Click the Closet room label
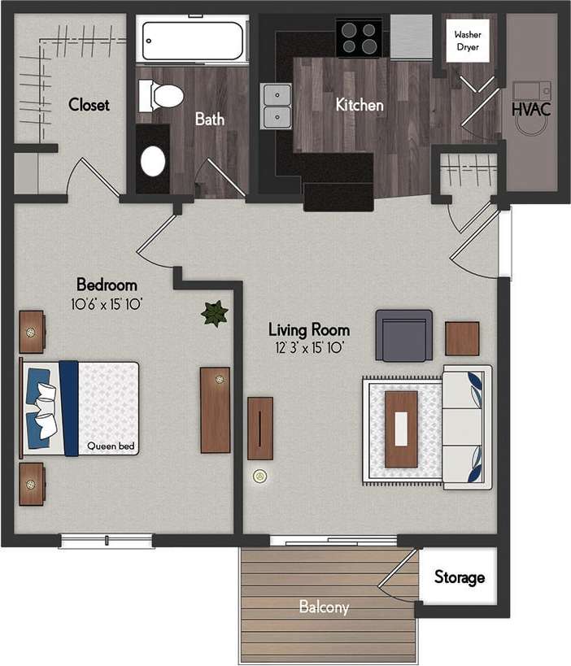[x=89, y=105]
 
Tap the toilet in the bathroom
[x=162, y=95]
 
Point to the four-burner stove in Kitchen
[x=359, y=37]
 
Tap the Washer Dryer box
[x=467, y=41]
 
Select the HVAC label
[x=531, y=109]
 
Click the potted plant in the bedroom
[x=215, y=313]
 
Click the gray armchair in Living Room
[x=403, y=335]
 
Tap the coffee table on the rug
[x=401, y=429]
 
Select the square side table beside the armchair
[x=462, y=338]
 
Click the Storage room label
[x=460, y=577]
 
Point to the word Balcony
[x=324, y=607]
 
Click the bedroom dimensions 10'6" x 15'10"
[x=106, y=304]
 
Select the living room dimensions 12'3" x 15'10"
[x=309, y=348]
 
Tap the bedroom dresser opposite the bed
[x=216, y=410]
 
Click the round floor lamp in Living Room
[x=260, y=476]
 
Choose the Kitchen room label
[x=360, y=105]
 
